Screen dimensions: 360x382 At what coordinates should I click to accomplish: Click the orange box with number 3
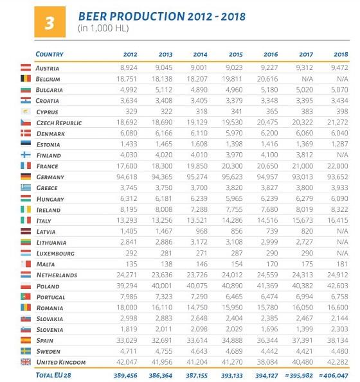(50, 22)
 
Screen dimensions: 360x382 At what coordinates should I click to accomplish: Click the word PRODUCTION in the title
(147, 17)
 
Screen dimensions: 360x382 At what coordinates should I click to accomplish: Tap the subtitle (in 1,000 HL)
(103, 28)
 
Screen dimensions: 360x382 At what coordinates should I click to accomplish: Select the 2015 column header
(236, 55)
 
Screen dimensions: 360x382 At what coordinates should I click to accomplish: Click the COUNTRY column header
(50, 54)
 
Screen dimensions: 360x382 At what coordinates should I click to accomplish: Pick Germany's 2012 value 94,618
(127, 177)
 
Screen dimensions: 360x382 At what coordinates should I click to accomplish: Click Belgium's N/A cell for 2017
(307, 79)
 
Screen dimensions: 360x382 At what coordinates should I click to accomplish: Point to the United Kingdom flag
(26, 362)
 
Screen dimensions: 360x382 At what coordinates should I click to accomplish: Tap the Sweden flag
(26, 351)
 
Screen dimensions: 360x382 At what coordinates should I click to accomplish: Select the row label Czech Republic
(59, 123)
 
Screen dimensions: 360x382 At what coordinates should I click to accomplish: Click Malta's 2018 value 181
(342, 264)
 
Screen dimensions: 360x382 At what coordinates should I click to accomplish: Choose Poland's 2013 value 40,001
(162, 286)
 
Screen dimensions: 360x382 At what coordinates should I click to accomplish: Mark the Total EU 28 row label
(53, 375)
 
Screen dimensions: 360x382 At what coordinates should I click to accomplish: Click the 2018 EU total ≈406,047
(334, 376)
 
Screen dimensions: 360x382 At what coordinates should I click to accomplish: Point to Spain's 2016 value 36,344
(267, 340)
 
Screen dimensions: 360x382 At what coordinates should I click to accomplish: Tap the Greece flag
(26, 187)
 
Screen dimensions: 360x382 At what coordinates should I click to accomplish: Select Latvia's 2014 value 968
(201, 231)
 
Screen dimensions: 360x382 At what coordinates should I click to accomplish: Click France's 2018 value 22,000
(337, 166)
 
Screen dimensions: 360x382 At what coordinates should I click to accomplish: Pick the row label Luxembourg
(55, 254)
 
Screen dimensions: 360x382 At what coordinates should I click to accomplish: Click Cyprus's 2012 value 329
(131, 111)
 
